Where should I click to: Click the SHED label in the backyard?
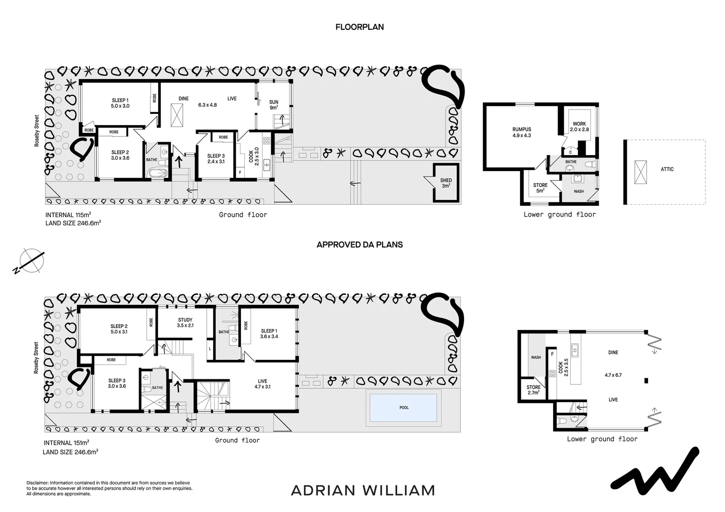coord(446,181)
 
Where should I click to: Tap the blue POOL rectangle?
coord(403,408)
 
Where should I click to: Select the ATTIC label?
coord(667,169)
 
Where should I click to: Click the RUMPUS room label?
coord(521,129)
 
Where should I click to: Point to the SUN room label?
coord(274,102)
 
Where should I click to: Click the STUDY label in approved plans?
coord(185,320)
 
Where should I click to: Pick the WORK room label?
coord(579,124)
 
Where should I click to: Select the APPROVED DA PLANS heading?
coord(359,245)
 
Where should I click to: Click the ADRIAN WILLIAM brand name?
coord(362,490)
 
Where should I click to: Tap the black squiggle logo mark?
coord(655,469)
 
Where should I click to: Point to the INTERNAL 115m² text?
coord(68,215)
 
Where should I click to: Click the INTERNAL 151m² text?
coord(66,443)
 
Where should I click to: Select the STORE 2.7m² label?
coord(533,390)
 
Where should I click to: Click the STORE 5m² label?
coord(540,188)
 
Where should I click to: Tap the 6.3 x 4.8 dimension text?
coord(207,105)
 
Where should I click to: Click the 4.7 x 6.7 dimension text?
coord(613,375)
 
